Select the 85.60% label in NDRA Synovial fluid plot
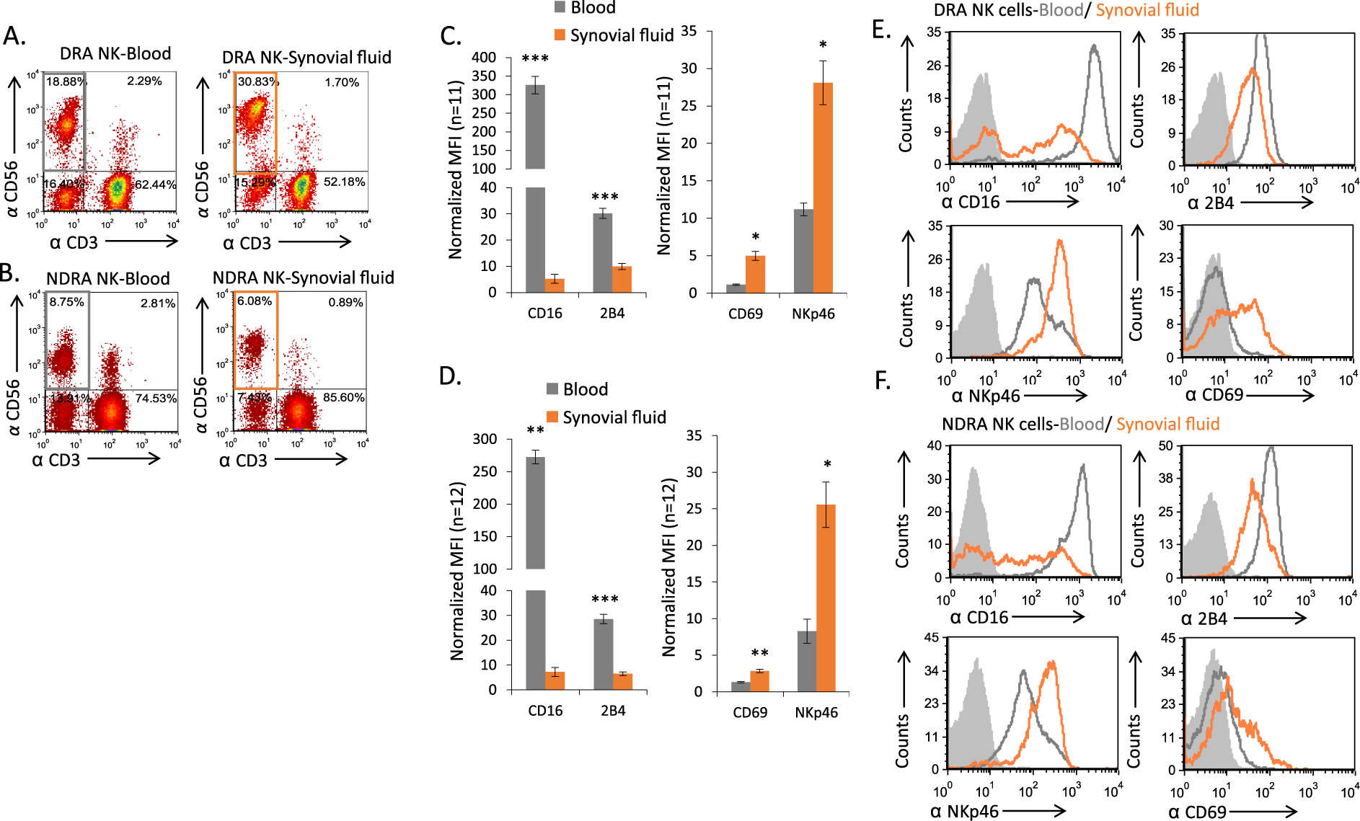343,397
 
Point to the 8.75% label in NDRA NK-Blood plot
66,302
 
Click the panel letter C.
450,36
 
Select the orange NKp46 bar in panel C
823,187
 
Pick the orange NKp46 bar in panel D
826,598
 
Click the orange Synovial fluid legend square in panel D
553,417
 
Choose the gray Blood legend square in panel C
560,7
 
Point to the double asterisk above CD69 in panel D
759,653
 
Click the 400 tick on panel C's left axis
484,58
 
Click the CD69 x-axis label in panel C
745,314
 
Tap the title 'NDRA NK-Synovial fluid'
303,278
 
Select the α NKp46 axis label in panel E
985,396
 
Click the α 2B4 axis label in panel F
1204,618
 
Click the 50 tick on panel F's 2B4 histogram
1166,445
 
